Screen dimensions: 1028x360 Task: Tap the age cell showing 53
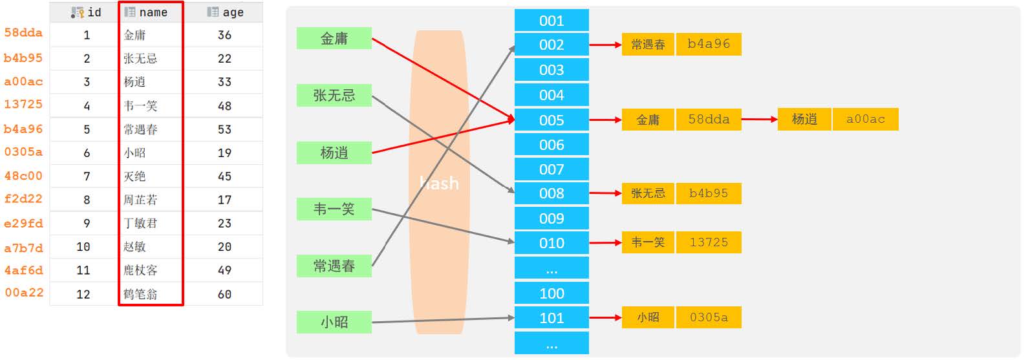[224, 129]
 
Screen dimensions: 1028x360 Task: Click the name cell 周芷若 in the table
[140, 200]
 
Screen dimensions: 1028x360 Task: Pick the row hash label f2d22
[23, 198]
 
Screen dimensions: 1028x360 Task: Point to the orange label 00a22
[24, 292]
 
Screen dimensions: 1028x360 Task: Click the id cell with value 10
[83, 247]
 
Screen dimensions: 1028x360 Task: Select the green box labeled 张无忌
[334, 96]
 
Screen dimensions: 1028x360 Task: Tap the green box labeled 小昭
[334, 322]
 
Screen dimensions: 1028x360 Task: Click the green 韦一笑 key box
[334, 209]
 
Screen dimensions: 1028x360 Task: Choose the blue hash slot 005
[551, 120]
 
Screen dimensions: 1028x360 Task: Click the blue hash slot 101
[551, 318]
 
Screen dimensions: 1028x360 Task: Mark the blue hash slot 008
[551, 193]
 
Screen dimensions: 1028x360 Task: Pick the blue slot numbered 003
[551, 70]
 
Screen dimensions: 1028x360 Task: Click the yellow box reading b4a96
[709, 44]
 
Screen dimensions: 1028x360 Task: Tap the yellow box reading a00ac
[865, 119]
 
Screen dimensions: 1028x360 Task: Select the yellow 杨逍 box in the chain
[804, 119]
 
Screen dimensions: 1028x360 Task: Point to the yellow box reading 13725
[709, 242]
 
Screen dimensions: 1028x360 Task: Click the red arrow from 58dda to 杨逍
[759, 119]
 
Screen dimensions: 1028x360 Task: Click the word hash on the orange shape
[439, 184]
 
